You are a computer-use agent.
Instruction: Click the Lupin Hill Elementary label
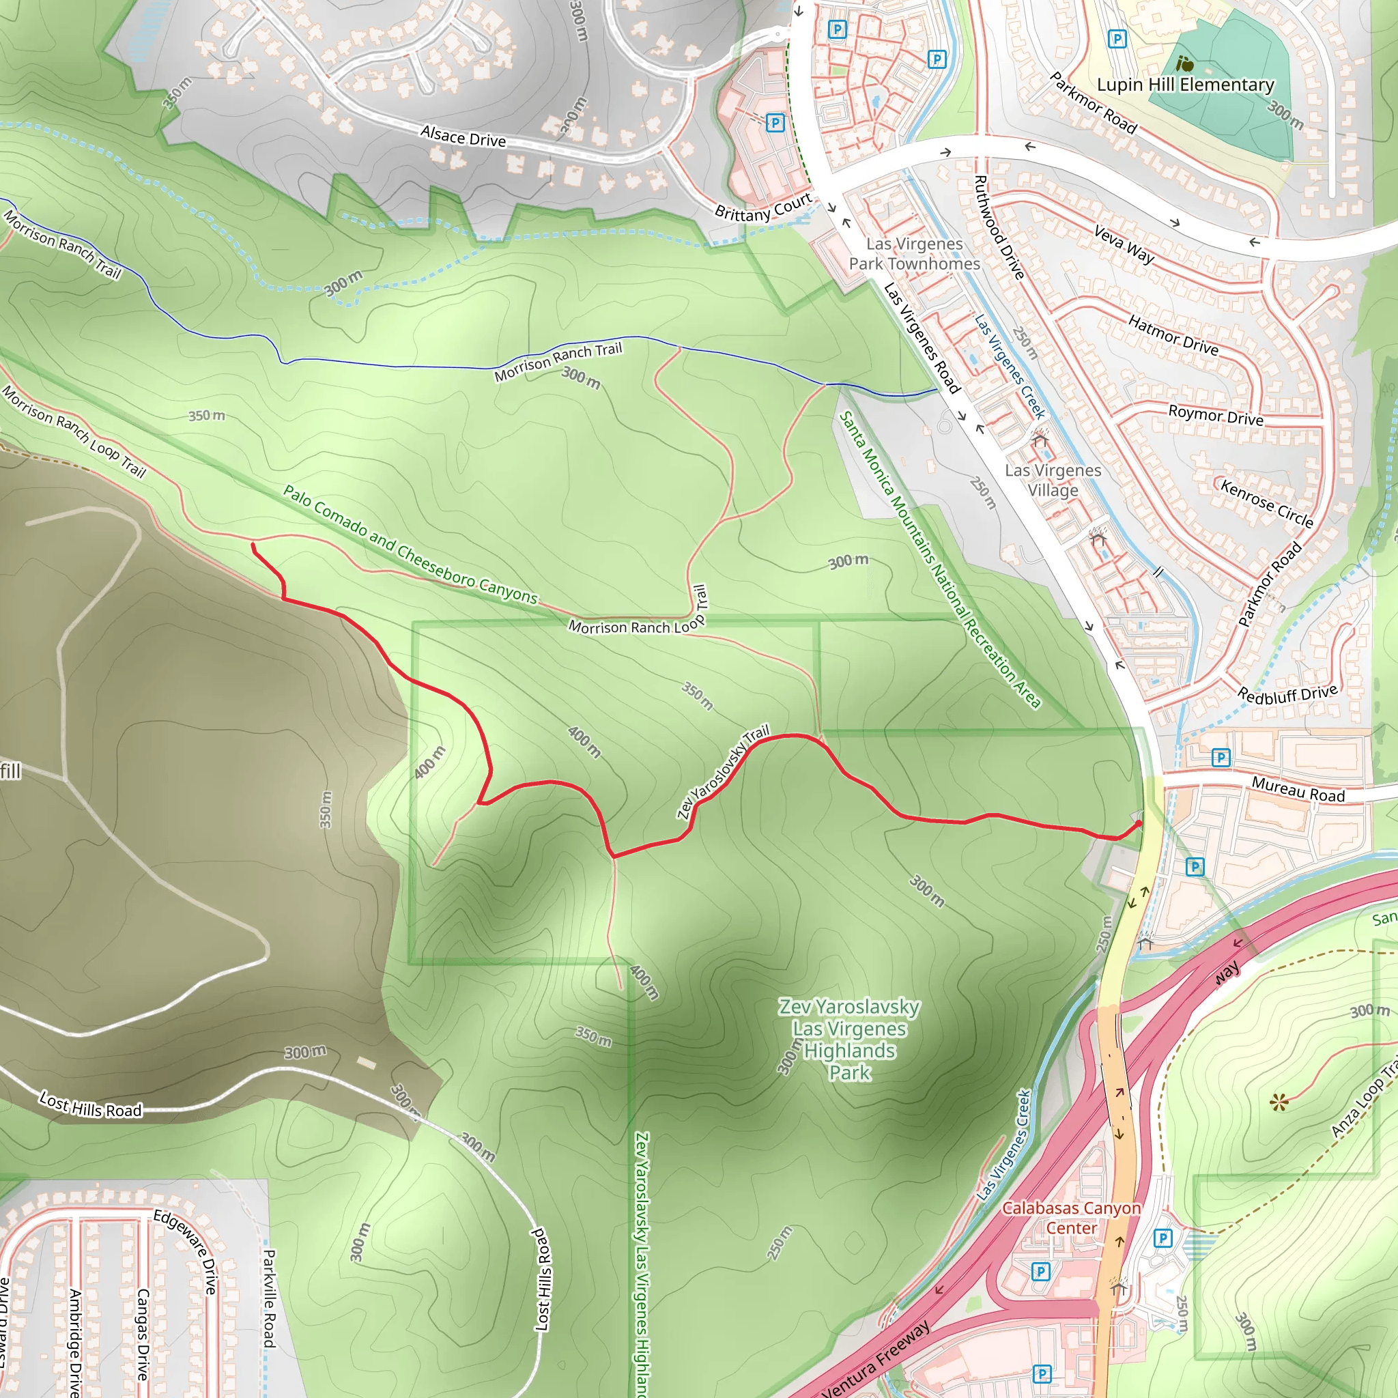tap(1185, 85)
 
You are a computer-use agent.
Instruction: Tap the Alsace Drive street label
tap(463, 136)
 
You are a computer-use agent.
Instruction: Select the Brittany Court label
tap(763, 208)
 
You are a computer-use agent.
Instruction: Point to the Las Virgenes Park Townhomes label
tap(915, 254)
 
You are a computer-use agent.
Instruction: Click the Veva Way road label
tap(1124, 244)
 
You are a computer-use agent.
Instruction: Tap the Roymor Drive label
tap(1216, 415)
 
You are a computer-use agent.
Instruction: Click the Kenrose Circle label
tap(1267, 503)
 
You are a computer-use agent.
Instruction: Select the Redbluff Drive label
tap(1288, 694)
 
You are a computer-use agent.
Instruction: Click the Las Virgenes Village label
tap(1053, 480)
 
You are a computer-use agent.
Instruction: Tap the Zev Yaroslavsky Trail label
tap(723, 772)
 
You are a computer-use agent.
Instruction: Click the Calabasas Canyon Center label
tap(1071, 1218)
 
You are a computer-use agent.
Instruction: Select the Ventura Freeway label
tap(876, 1360)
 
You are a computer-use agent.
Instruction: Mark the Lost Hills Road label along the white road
tap(91, 1105)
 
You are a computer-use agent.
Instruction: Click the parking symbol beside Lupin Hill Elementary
tap(1117, 39)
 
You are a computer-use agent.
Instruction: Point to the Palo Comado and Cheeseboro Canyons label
tap(410, 545)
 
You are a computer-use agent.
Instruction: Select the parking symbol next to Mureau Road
tap(1221, 758)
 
